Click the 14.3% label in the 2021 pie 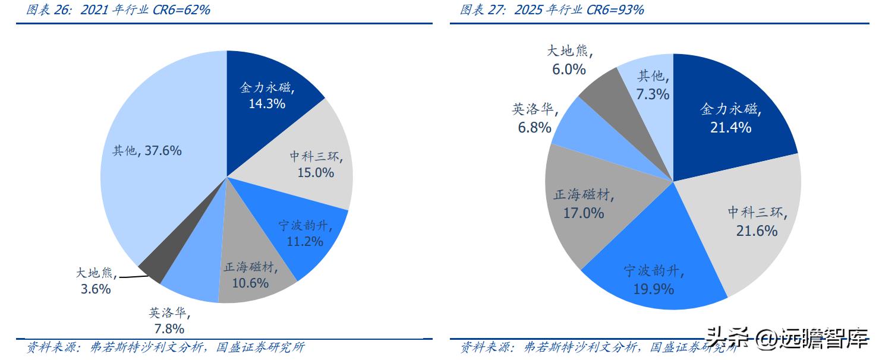(267, 103)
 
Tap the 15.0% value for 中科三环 (316, 173)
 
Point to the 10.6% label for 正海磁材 (250, 283)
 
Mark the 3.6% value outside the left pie (96, 289)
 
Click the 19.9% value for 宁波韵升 (653, 289)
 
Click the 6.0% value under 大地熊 (569, 70)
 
